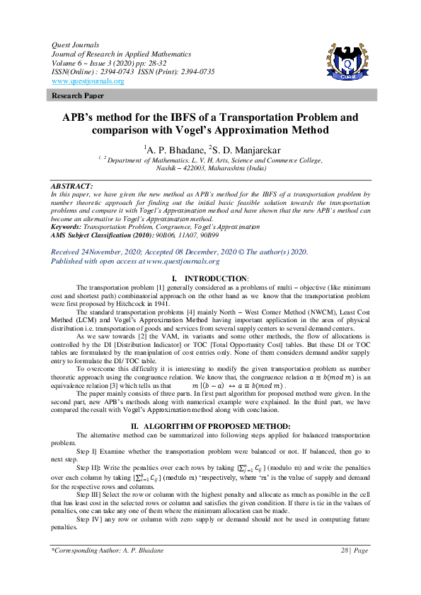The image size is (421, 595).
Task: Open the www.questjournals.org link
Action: pyautogui.click(x=88, y=81)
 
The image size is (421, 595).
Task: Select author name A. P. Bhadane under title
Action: pyautogui.click(x=173, y=149)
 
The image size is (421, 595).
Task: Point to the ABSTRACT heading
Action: pyautogui.click(x=72, y=185)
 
